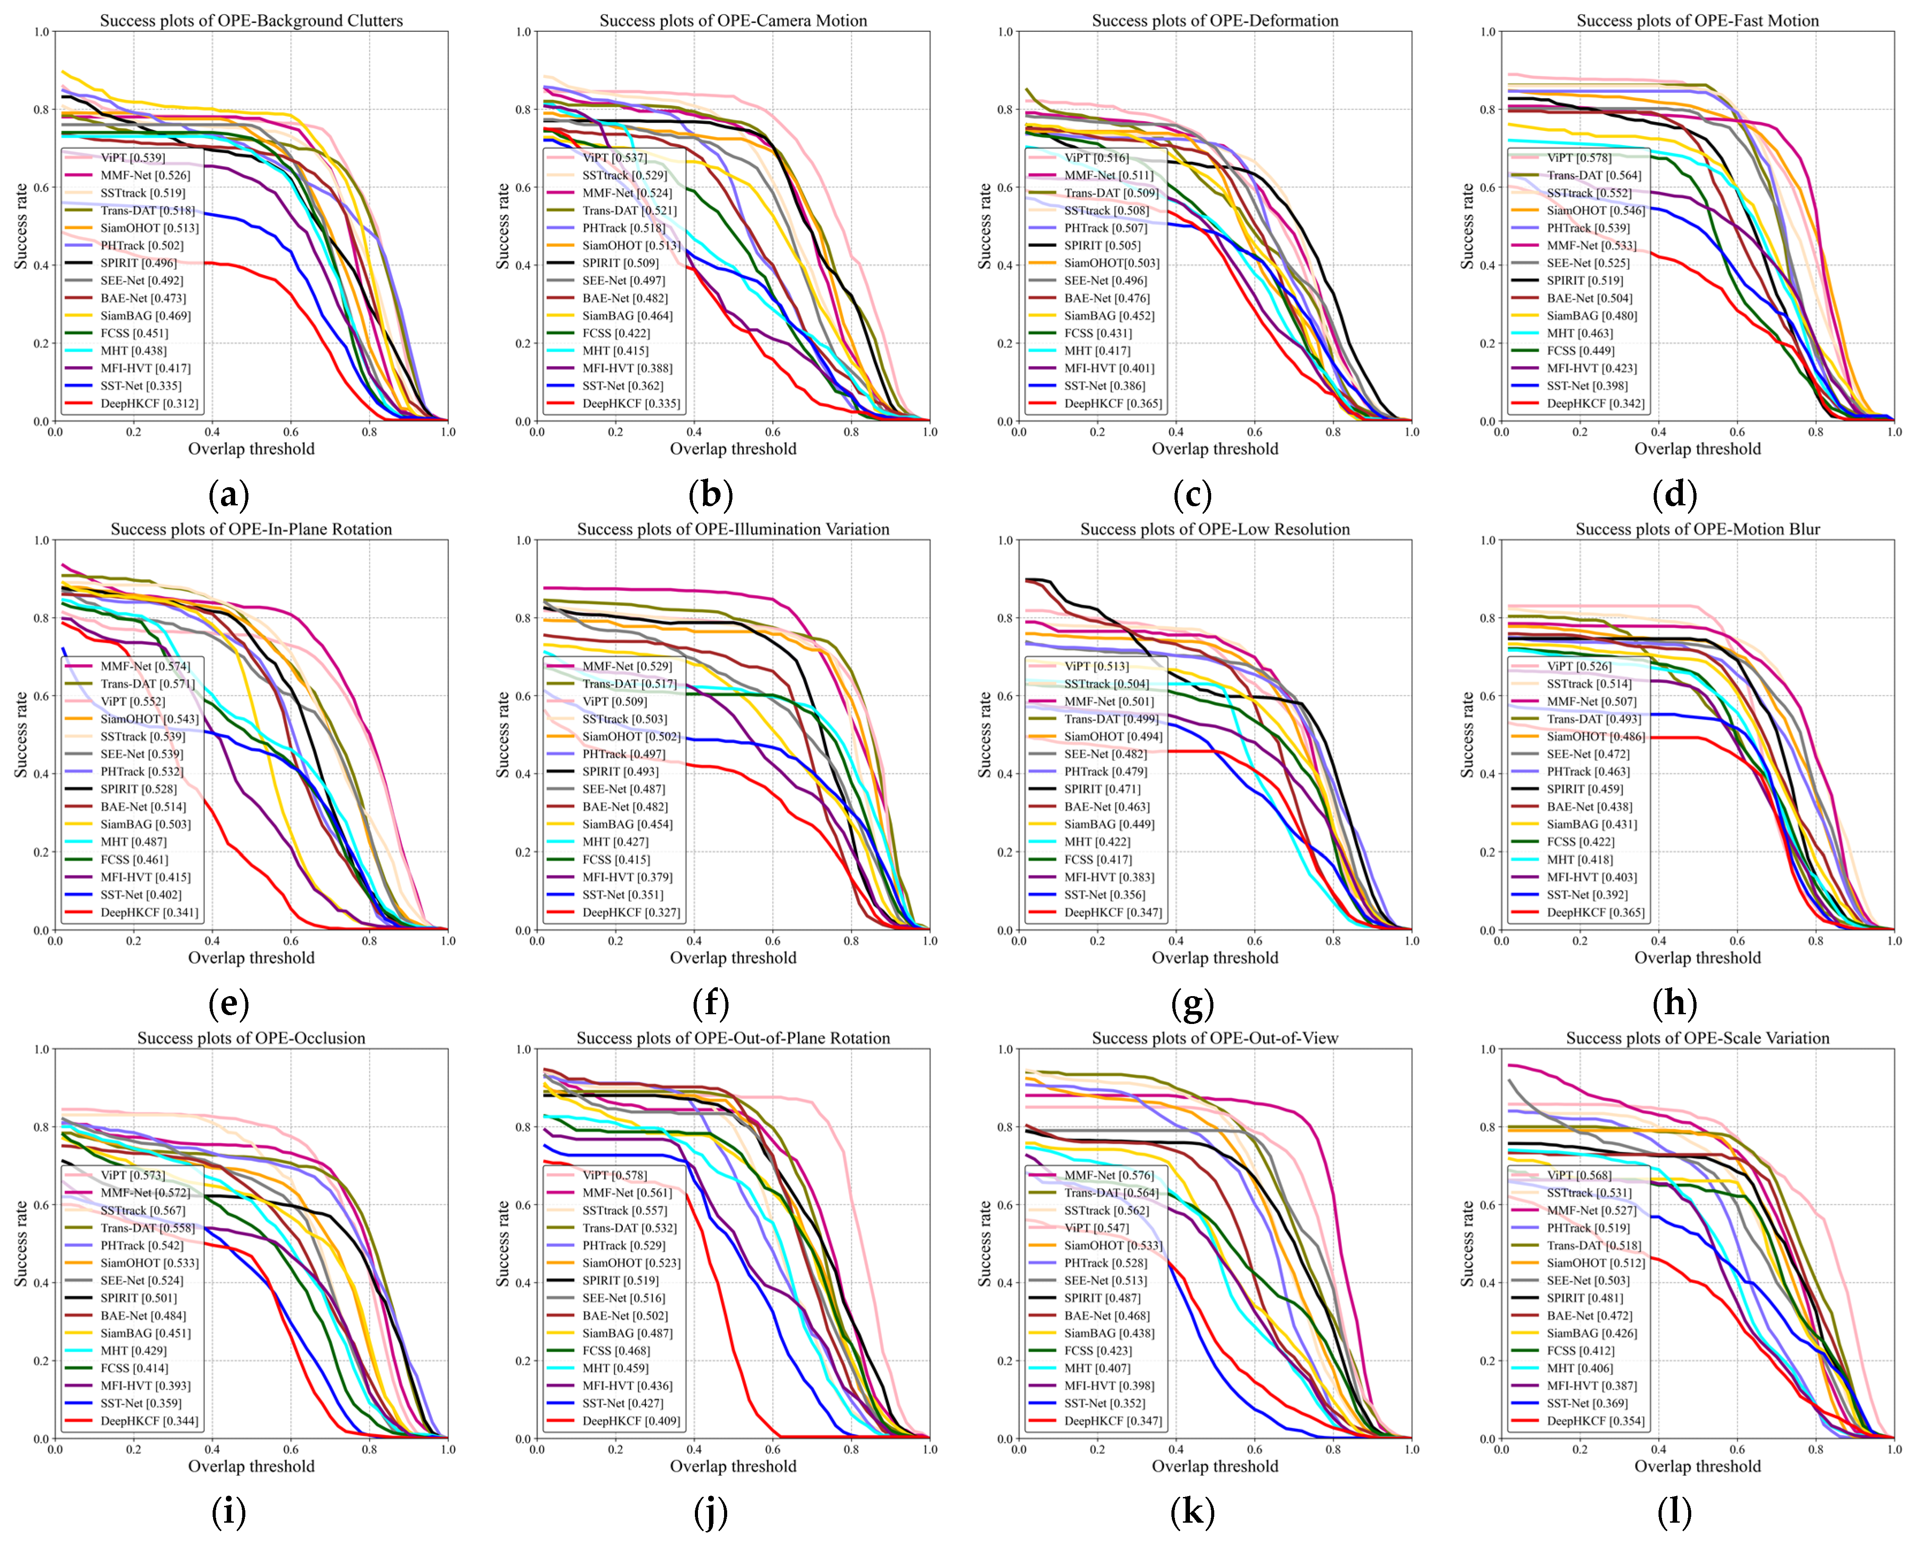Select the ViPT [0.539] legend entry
[132, 158]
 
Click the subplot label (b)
[710, 494]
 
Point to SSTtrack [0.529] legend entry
[624, 176]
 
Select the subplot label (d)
[1674, 494]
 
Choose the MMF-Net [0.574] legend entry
[144, 667]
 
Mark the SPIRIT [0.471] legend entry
[1101, 790]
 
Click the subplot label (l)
[1674, 1512]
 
